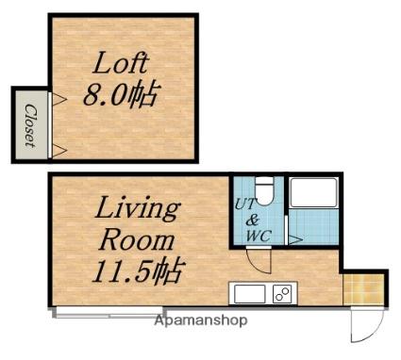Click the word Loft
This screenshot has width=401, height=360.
coord(120,63)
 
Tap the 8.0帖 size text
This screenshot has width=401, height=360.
coord(120,94)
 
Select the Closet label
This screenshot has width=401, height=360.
coord(30,125)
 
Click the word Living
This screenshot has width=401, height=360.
coord(138,209)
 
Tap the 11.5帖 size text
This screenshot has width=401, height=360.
coord(137,270)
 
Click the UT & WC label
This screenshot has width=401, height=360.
coord(252,220)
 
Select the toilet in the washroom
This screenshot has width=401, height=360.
coord(264,191)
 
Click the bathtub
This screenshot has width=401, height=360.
coord(313,192)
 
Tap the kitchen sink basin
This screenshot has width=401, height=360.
coord(250,294)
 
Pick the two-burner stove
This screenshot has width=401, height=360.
coord(284,294)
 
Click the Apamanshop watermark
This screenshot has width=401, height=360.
coord(201,320)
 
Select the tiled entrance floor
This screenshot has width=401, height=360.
coord(363,289)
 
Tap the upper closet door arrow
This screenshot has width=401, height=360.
coord(59,100)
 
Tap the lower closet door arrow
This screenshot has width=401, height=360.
coord(59,151)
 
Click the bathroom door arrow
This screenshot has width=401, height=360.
coord(295,239)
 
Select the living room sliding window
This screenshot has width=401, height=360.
coord(109,314)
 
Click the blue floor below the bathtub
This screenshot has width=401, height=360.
coord(313,227)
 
